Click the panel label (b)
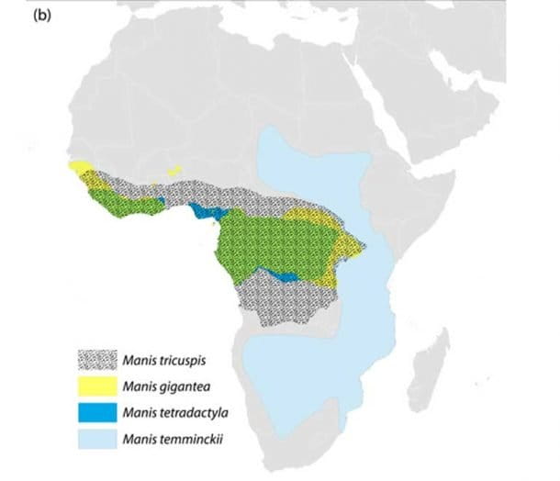click(43, 17)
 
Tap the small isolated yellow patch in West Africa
click(174, 170)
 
